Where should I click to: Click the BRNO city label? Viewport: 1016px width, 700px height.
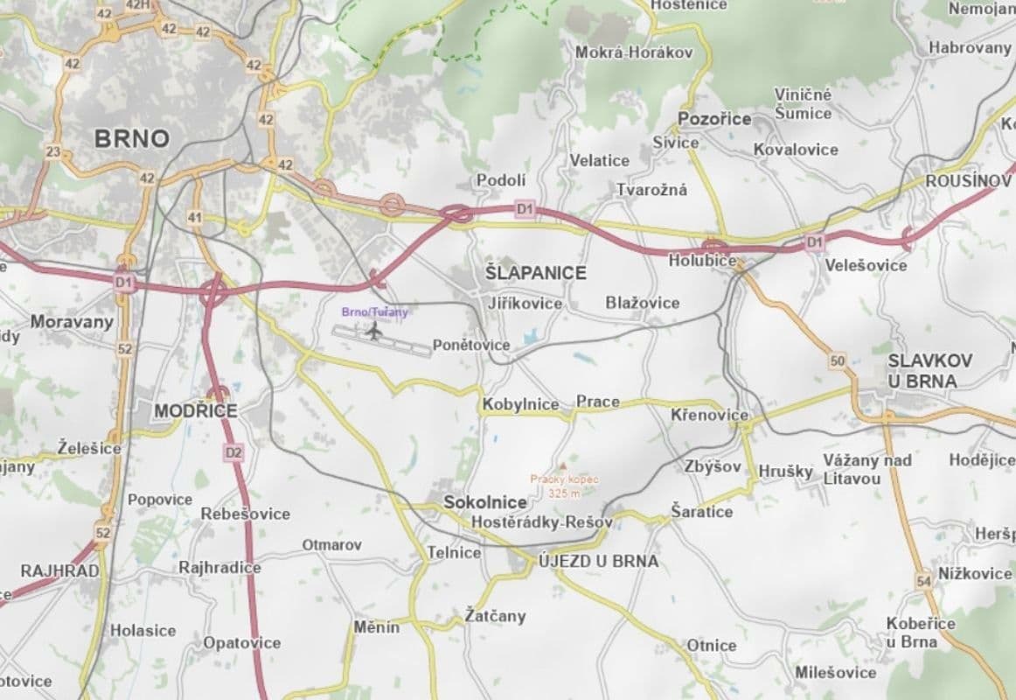[x=131, y=138]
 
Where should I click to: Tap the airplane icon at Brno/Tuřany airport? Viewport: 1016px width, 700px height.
[x=374, y=331]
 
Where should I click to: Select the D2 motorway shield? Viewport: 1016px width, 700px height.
[x=233, y=452]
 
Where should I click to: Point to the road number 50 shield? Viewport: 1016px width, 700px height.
[x=838, y=360]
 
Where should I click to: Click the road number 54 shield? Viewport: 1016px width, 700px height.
[x=924, y=580]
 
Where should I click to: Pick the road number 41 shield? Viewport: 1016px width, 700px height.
[x=194, y=217]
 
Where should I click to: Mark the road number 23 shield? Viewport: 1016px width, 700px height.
[x=53, y=151]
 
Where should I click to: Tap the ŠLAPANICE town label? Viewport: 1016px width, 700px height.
[x=535, y=273]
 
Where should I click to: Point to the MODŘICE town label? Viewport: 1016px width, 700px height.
[x=196, y=410]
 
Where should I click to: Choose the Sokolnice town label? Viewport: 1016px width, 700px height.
[x=485, y=502]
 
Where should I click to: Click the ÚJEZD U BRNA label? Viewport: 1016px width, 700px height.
[x=598, y=561]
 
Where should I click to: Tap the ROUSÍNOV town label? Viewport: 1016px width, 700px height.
[x=968, y=180]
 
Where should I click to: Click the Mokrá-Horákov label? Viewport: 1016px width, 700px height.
[x=633, y=52]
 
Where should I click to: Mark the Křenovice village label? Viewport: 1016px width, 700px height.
[x=709, y=414]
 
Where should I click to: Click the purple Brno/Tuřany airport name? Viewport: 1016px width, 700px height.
[x=374, y=311]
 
